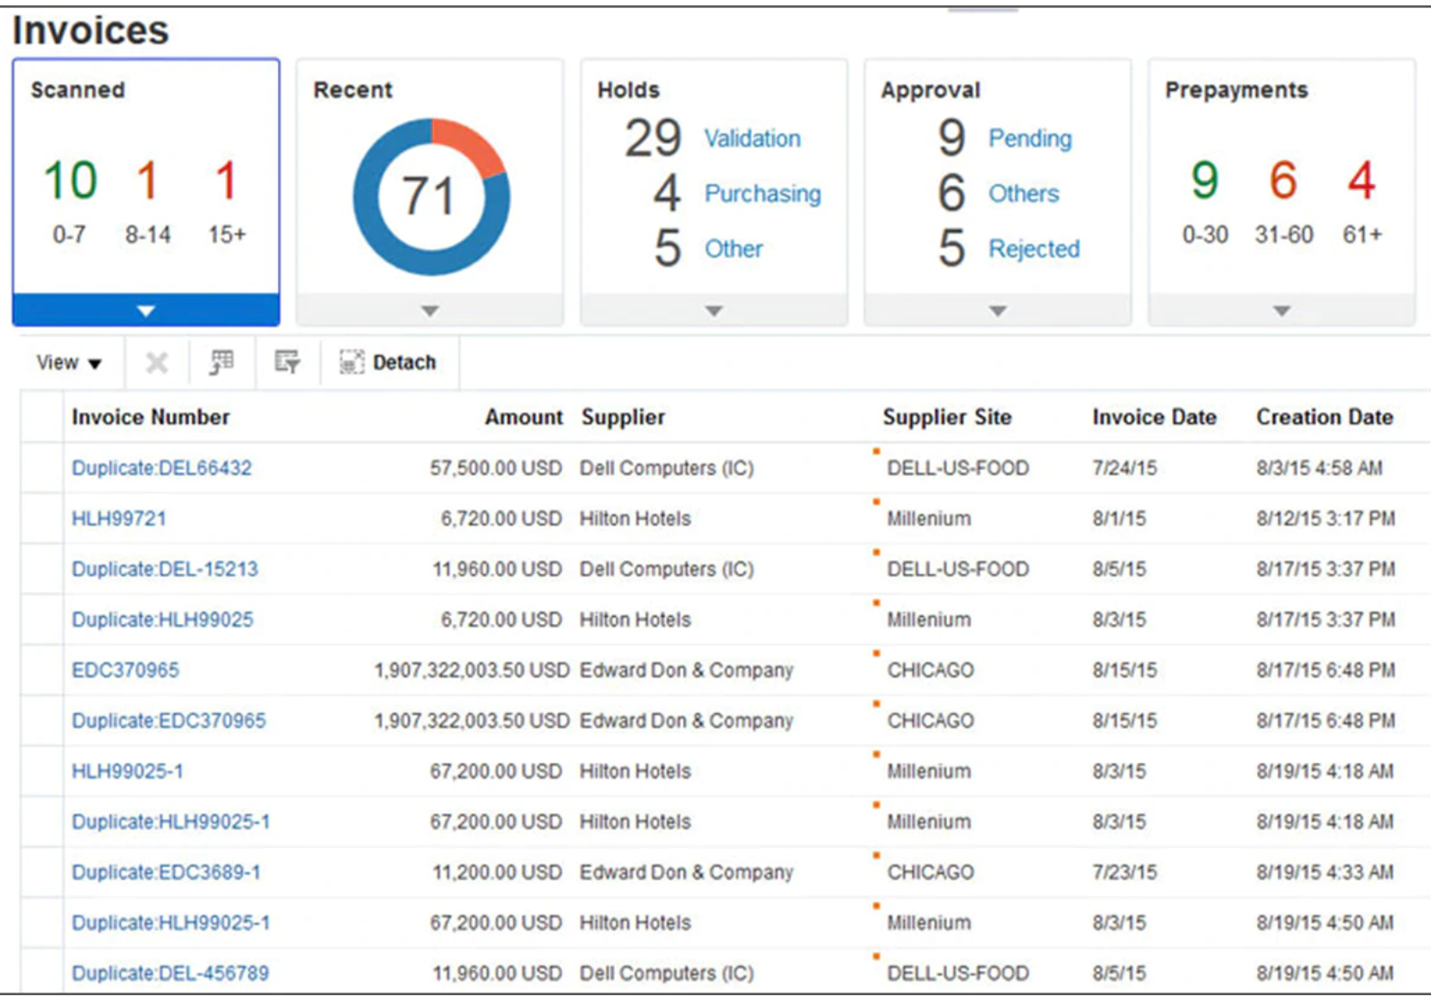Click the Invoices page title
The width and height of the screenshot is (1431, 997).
point(91,30)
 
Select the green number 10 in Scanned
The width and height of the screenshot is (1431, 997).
point(70,180)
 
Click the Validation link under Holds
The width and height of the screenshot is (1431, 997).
point(751,138)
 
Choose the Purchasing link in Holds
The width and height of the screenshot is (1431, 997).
point(762,194)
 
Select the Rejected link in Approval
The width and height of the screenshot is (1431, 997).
point(1034,248)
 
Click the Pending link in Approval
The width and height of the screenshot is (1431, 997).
point(1029,138)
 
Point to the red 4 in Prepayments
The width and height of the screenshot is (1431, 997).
point(1361,180)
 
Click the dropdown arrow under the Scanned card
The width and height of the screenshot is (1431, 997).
point(146,311)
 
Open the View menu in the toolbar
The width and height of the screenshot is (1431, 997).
point(68,362)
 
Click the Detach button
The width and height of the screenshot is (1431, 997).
point(388,362)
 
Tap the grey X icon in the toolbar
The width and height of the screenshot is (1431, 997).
point(156,362)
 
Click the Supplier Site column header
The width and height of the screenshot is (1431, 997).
point(946,417)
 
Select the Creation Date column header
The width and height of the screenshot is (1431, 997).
point(1323,417)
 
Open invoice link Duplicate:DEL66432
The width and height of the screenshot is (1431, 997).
point(161,468)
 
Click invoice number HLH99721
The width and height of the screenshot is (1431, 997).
point(118,518)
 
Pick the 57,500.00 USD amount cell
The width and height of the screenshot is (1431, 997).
point(495,468)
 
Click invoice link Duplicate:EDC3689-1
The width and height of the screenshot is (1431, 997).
point(166,872)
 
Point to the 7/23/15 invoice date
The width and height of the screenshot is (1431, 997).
point(1123,872)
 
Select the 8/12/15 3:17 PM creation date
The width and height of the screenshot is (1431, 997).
point(1324,518)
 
